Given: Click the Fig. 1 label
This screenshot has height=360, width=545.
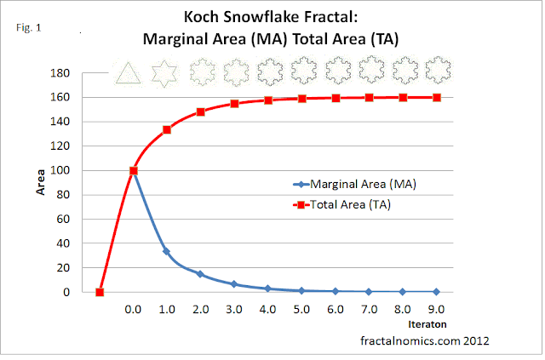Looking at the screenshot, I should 29,27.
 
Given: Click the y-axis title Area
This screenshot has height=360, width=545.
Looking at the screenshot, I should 40,183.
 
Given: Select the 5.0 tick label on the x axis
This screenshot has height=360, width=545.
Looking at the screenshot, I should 301,309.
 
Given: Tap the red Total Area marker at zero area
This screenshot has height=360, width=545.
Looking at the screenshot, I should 100,292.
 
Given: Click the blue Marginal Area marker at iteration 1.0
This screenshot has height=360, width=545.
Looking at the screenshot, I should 167,252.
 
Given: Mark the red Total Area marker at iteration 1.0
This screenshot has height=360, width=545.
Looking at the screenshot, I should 167,129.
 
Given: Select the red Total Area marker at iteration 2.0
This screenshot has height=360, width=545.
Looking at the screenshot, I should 201,111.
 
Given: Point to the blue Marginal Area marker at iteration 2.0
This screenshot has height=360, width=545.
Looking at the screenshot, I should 201,274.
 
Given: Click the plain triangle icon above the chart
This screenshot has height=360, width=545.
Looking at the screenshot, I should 125,73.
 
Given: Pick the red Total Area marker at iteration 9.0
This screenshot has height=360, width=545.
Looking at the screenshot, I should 436,97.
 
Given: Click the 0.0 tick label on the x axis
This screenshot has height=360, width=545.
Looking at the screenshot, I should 133,309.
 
